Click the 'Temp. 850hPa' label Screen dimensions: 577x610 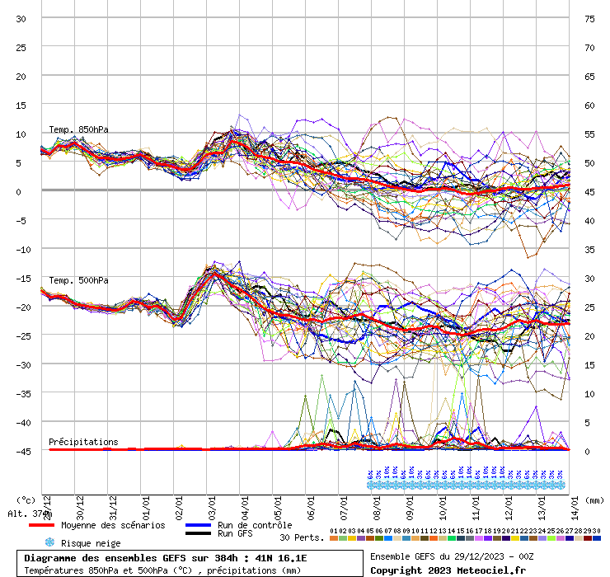pyautogui.click(x=78, y=129)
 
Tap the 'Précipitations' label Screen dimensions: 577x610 pyautogui.click(x=83, y=442)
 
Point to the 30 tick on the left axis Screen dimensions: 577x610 pyautogui.click(x=21, y=18)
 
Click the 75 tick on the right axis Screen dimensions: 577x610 pyautogui.click(x=589, y=18)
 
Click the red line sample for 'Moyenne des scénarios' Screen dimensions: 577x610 pyautogui.click(x=41, y=525)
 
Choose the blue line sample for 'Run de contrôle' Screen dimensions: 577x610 pyautogui.click(x=199, y=525)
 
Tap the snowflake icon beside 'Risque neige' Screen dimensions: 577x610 pyautogui.click(x=49, y=542)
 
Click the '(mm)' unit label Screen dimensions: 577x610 pyautogui.click(x=595, y=500)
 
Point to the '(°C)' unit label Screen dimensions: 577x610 pyautogui.click(x=26, y=500)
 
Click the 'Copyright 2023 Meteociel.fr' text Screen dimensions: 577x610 pyautogui.click(x=448, y=570)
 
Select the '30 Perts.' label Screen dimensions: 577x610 pyautogui.click(x=301, y=537)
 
